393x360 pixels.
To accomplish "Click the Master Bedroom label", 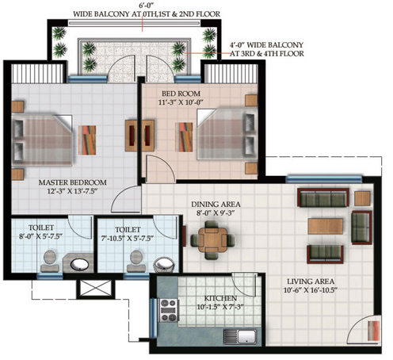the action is [73, 182].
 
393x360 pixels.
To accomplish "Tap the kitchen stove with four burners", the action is [169, 310].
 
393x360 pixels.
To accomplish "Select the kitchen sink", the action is [240, 336].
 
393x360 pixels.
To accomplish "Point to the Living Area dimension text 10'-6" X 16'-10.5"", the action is [311, 290].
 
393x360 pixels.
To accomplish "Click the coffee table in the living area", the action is [326, 226].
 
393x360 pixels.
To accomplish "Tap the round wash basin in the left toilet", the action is [79, 264].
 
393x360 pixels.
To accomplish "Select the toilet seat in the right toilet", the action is [136, 261].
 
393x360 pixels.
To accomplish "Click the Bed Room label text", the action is [181, 94].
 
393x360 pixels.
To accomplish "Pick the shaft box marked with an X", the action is [96, 288].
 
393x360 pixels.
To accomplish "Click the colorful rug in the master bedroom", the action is [87, 140].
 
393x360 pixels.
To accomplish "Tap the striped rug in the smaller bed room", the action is [184, 137].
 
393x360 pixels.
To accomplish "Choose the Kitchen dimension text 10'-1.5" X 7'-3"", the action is [220, 307].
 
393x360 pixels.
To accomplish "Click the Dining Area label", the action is [216, 205].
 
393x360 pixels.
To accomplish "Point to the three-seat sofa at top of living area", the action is [323, 197].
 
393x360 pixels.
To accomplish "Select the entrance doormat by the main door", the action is [374, 331].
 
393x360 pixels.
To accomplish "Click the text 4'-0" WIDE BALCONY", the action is [266, 45].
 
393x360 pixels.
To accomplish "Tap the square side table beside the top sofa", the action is [362, 198].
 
